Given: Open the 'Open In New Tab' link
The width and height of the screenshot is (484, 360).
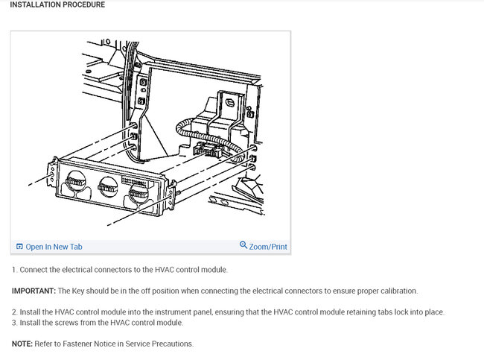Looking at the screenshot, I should tap(54, 247).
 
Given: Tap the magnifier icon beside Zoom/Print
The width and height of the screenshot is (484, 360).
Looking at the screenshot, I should tap(243, 246).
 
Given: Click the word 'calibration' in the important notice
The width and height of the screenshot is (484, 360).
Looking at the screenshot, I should tap(397, 291).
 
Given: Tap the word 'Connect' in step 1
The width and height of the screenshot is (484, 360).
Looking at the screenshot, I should tap(34, 269).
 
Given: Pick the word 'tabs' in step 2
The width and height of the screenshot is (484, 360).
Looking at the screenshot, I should tap(369, 312).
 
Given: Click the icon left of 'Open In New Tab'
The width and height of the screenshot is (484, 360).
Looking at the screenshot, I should tap(19, 247).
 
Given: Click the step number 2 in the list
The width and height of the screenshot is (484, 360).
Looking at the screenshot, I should tap(13, 312).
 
